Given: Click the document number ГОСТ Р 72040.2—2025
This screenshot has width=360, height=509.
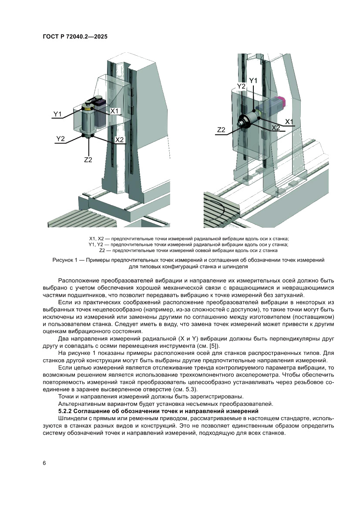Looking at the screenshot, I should click(75, 37).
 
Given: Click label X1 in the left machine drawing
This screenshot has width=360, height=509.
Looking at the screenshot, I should click(114, 111).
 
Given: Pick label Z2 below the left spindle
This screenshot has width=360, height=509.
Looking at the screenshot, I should click(88, 160).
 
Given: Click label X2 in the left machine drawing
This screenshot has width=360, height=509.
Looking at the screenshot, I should click(119, 140).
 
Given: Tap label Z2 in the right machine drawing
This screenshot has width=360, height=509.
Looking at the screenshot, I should click(221, 130).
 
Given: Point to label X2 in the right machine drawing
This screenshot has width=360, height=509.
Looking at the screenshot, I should click(276, 128).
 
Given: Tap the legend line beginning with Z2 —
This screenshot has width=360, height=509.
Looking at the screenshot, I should click(188, 250).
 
